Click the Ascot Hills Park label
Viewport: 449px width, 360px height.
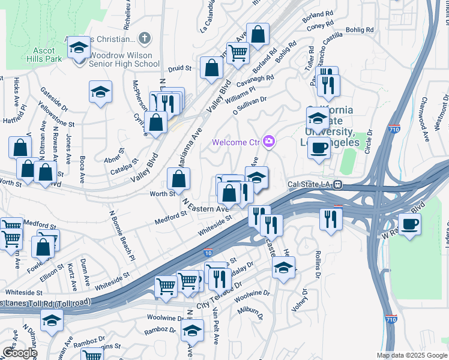(x=44, y=55)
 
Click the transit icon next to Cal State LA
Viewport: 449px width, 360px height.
(x=338, y=185)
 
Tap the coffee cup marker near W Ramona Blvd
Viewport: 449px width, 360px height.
(x=409, y=225)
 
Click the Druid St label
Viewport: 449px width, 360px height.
(x=179, y=69)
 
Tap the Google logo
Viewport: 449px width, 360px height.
(x=19, y=353)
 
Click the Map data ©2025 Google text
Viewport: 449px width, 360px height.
(x=411, y=355)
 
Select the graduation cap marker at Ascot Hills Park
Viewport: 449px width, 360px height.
(x=78, y=48)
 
